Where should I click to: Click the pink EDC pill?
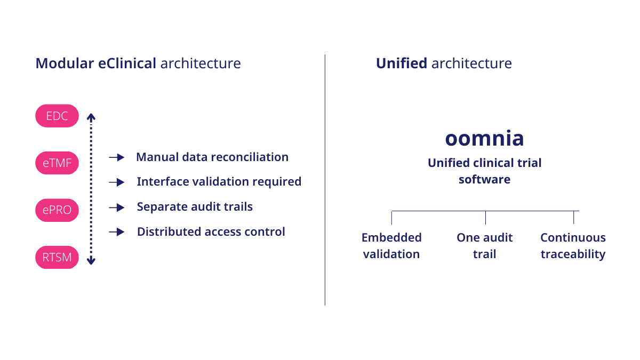click(x=57, y=116)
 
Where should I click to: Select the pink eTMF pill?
click(x=57, y=163)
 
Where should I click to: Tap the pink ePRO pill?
click(x=57, y=210)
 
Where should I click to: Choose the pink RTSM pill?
click(x=57, y=258)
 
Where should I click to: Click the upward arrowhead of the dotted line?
click(x=91, y=116)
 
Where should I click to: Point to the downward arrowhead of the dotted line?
click(x=91, y=261)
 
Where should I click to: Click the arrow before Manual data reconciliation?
click(x=116, y=157)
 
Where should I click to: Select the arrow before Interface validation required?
click(x=116, y=182)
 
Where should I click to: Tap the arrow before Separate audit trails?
click(x=116, y=207)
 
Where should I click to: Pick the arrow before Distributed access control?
click(x=116, y=232)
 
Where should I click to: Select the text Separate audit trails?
click(x=195, y=207)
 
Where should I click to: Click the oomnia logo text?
click(x=484, y=138)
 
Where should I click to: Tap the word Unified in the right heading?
click(x=401, y=63)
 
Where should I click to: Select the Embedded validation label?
click(x=391, y=246)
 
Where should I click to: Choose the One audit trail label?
click(x=484, y=246)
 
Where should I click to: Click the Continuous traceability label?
click(x=573, y=246)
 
